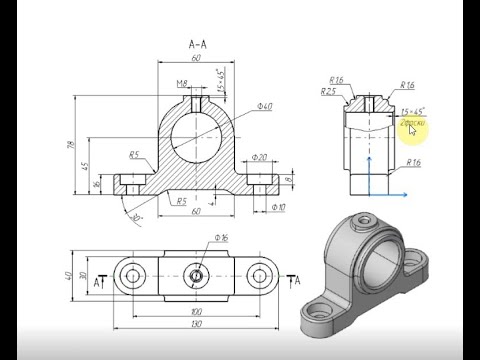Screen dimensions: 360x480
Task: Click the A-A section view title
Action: (196, 43)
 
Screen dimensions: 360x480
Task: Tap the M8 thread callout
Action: (182, 83)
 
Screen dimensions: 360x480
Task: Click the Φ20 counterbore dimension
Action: (259, 157)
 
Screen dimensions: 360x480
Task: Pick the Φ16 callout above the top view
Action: (221, 238)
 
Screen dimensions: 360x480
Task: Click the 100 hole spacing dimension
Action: (197, 312)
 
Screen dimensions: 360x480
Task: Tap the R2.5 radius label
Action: (328, 91)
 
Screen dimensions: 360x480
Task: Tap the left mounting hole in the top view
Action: (131, 274)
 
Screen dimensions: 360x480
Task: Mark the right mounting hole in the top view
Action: (263, 274)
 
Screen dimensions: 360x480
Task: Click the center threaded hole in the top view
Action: (197, 274)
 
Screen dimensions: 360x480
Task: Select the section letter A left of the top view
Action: (97, 284)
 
